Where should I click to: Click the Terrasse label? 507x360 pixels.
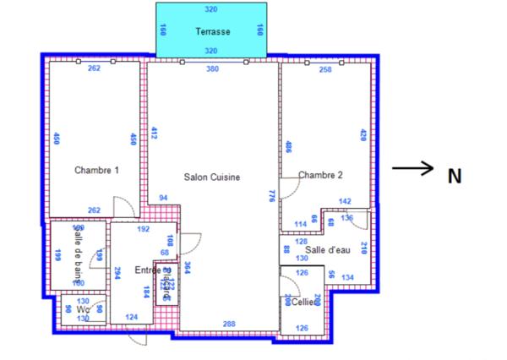pyautogui.click(x=212, y=31)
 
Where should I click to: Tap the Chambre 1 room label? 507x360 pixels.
pyautogui.click(x=96, y=170)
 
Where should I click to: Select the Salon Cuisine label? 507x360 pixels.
pyautogui.click(x=212, y=177)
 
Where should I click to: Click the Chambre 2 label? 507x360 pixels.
pyautogui.click(x=320, y=175)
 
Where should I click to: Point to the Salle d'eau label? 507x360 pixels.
pyautogui.click(x=328, y=249)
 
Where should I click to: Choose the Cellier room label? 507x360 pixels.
pyautogui.click(x=306, y=302)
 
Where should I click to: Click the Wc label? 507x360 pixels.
pyautogui.click(x=82, y=309)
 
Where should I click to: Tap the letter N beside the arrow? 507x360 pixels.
pyautogui.click(x=455, y=177)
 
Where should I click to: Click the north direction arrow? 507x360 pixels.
pyautogui.click(x=413, y=169)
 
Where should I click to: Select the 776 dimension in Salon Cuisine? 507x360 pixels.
pyautogui.click(x=272, y=195)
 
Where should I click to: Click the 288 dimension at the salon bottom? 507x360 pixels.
pyautogui.click(x=228, y=324)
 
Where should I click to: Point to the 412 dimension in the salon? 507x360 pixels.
pyautogui.click(x=155, y=133)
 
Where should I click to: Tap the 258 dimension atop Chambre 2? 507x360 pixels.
pyautogui.click(x=325, y=69)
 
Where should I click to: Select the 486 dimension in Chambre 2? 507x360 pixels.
pyautogui.click(x=288, y=147)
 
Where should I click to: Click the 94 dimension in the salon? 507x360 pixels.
pyautogui.click(x=163, y=198)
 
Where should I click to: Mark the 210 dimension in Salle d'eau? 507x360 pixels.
pyautogui.click(x=364, y=248)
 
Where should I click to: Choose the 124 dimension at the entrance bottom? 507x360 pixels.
pyautogui.click(x=131, y=317)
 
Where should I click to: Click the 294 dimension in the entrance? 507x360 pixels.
pyautogui.click(x=117, y=273)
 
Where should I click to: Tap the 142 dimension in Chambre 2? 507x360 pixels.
pyautogui.click(x=345, y=201)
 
